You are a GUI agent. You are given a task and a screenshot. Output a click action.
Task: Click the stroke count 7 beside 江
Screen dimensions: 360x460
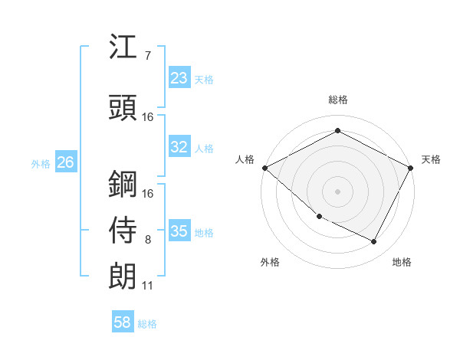tap(148, 55)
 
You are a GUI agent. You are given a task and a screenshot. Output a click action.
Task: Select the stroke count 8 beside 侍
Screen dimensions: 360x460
tap(148, 240)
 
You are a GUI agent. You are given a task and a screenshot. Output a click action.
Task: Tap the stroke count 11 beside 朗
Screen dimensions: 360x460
tap(148, 286)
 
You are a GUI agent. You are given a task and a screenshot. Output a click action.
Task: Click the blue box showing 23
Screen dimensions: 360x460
tap(179, 78)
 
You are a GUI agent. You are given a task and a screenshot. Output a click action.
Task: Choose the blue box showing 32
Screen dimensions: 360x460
tap(179, 147)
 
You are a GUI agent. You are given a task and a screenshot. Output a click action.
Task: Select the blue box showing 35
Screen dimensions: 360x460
tap(179, 231)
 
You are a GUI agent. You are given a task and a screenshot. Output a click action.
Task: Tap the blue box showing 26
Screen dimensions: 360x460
tap(65, 162)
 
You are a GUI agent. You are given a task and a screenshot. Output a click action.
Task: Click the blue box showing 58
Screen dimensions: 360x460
tap(123, 323)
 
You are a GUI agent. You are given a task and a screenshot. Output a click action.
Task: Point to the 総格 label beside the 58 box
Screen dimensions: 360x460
tap(147, 324)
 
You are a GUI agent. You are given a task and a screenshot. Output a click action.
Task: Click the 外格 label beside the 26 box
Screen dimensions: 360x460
tap(40, 163)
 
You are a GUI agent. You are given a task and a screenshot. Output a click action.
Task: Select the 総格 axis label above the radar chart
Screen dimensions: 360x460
tap(337, 100)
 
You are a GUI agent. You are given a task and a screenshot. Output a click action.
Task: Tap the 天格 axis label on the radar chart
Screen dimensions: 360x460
tap(431, 159)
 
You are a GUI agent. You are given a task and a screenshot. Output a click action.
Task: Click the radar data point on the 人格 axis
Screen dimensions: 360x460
tap(264, 168)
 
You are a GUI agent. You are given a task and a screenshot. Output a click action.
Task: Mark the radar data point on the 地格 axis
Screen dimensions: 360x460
tap(374, 242)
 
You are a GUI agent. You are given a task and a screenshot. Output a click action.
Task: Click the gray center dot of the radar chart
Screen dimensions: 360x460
tap(337, 191)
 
